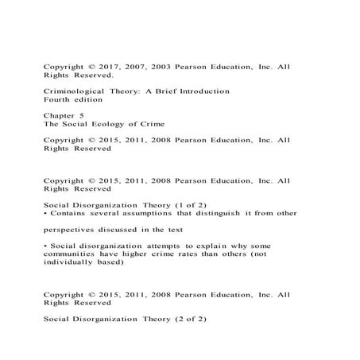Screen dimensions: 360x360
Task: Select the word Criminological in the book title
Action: pyautogui.click(x=74, y=91)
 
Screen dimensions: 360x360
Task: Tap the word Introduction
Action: pyautogui.click(x=201, y=91)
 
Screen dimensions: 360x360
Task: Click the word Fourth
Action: pyautogui.click(x=57, y=100)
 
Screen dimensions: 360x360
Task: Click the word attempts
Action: pyautogui.click(x=156, y=245)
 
